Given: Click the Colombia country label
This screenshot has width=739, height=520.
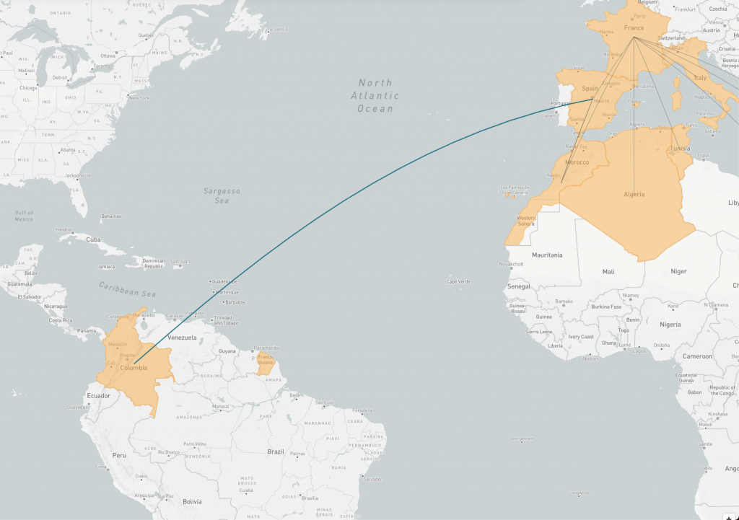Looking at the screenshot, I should (134, 368).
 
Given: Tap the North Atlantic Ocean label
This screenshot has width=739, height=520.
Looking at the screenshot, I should (375, 95).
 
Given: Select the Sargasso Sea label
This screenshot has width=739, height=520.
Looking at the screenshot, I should (221, 195).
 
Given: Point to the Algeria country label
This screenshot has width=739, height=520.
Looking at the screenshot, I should (634, 194).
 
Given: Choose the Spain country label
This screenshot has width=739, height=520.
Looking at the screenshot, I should (590, 89).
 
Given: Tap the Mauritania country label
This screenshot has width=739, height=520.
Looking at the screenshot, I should (546, 255).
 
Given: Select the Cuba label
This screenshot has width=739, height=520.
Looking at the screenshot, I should (93, 239).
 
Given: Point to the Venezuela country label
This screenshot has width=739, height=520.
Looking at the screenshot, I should (182, 337).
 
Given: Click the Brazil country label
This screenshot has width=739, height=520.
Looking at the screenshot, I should (276, 451).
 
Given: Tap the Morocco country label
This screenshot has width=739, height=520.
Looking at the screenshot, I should (577, 162).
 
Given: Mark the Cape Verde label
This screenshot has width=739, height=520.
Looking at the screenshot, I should (459, 281).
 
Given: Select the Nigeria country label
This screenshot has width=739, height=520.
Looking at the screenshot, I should (670, 325).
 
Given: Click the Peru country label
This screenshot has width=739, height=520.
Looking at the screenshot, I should (119, 455).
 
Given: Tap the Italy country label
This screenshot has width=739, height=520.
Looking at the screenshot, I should (699, 77).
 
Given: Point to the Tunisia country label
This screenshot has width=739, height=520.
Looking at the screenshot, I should (680, 149).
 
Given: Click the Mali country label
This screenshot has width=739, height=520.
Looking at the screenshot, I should (608, 272).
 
